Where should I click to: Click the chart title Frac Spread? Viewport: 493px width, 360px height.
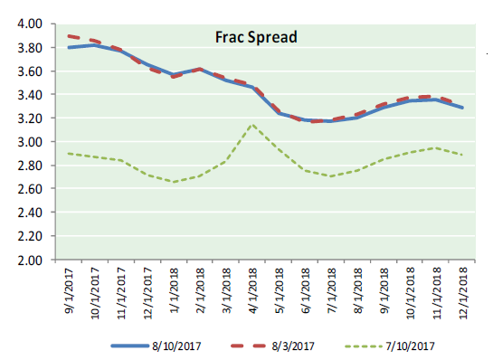coord(256,37)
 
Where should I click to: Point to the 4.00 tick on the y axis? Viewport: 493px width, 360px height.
coord(30,24)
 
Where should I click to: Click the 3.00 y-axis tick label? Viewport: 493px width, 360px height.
coord(30,142)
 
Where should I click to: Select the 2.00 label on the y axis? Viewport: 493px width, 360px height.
coord(30,261)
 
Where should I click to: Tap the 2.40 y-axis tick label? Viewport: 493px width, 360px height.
coord(30,213)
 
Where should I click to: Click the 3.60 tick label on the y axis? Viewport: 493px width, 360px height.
coord(30,71)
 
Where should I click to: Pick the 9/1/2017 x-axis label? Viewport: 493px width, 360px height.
coord(69,291)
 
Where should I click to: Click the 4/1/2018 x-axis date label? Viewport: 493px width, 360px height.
coord(252,291)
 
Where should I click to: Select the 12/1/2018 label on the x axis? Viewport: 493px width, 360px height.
coord(463,293)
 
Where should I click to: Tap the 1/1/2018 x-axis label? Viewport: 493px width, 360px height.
coord(174,291)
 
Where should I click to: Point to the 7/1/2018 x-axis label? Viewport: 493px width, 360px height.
coord(332,291)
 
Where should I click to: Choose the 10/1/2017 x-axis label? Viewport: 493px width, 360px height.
coord(95,293)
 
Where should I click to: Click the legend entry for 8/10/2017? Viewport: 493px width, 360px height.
coord(156,346)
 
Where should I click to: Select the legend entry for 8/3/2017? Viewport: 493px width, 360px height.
coord(272,346)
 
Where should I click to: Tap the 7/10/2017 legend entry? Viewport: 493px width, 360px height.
coord(390,346)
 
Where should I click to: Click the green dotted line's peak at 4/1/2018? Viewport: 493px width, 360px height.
coord(252,125)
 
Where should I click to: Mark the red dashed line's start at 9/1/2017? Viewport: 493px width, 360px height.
coord(69,36)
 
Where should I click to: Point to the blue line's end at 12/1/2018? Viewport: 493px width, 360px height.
coord(462,108)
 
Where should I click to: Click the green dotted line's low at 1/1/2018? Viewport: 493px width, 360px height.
coord(174,182)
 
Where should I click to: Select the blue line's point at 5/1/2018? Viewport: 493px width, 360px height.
coord(280,113)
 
